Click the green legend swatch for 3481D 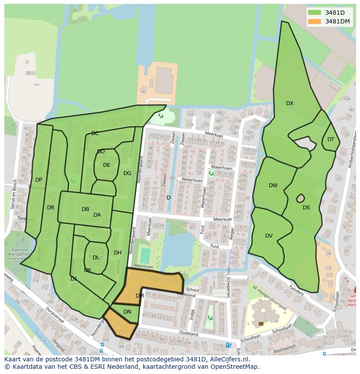[x=315, y=13]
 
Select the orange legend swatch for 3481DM [x=315, y=21]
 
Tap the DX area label [x=290, y=103]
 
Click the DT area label [x=331, y=139]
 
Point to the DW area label [x=273, y=185]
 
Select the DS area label [x=306, y=208]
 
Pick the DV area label [x=269, y=236]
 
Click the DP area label [x=39, y=180]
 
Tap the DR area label [x=50, y=208]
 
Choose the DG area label [x=127, y=173]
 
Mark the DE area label [x=107, y=165]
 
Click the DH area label [x=118, y=253]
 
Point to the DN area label [x=127, y=312]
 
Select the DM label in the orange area [x=140, y=296]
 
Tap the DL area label [x=96, y=258]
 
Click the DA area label [x=97, y=215]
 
